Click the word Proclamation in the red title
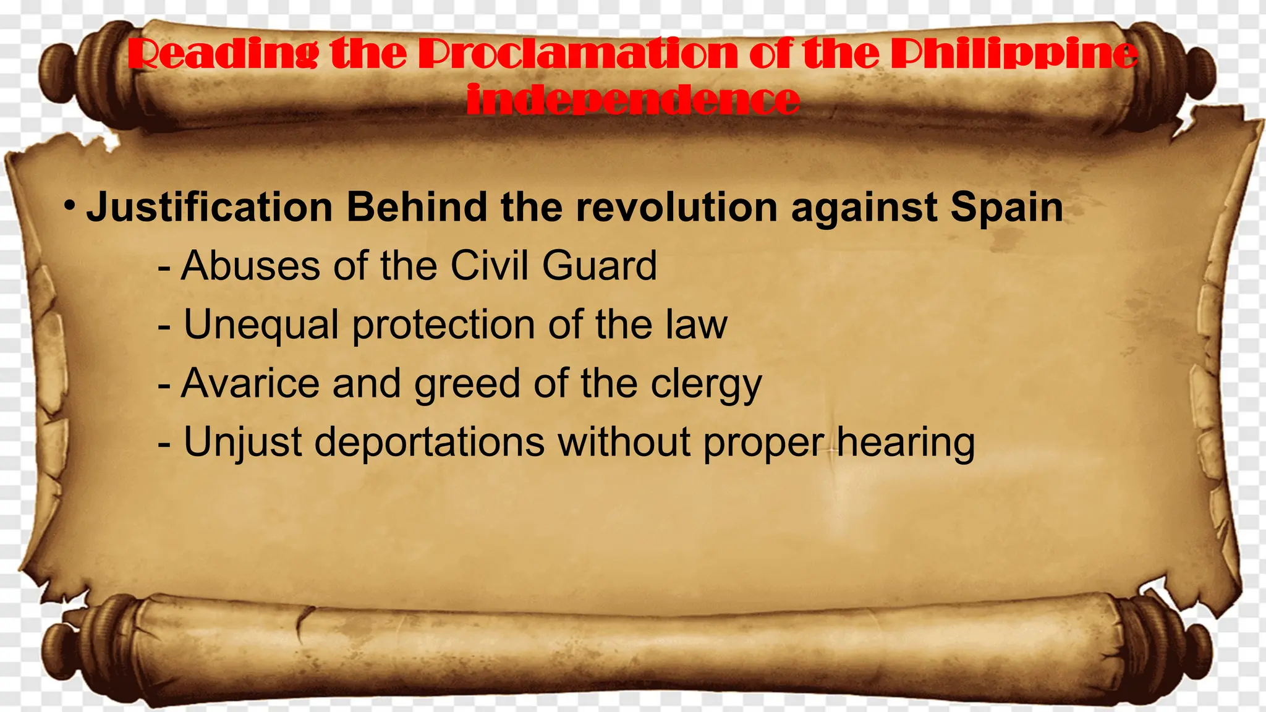pyautogui.click(x=578, y=54)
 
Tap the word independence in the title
pyautogui.click(x=633, y=100)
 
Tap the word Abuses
pyautogui.click(x=250, y=266)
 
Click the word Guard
pyautogui.click(x=599, y=266)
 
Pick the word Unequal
pyautogui.click(x=261, y=325)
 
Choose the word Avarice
pyautogui.click(x=250, y=383)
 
